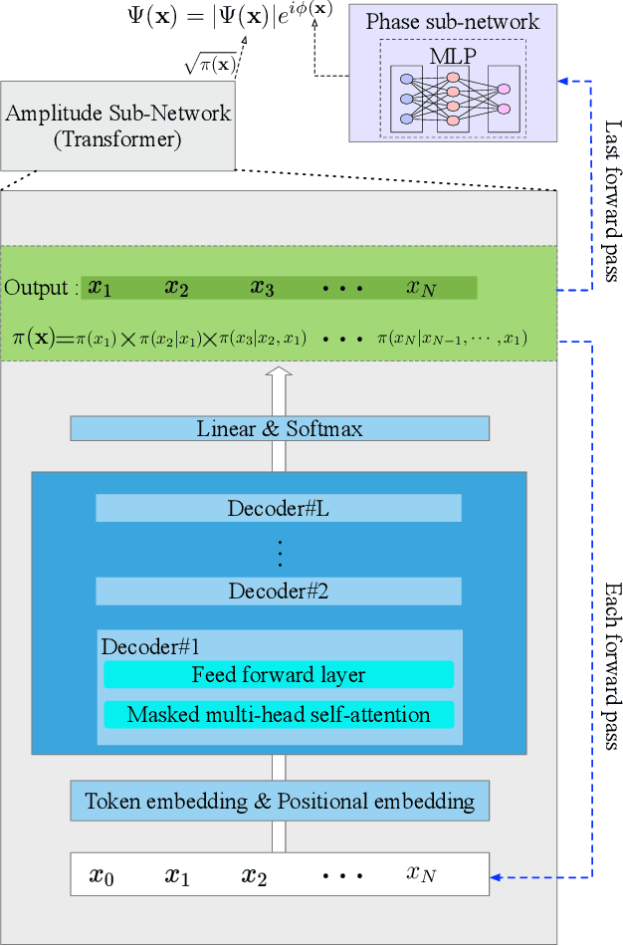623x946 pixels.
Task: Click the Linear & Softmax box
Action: tap(280, 429)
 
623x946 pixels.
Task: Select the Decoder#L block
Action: tap(279, 508)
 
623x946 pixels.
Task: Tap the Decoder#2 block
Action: tap(279, 591)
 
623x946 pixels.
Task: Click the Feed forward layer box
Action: tap(279, 675)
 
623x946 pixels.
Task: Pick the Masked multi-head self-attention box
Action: tap(279, 714)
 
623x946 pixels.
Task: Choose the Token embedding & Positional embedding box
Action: tap(280, 801)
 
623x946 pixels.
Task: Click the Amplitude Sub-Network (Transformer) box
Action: tap(117, 125)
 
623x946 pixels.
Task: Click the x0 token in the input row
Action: tap(102, 875)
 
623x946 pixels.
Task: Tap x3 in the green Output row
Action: tap(262, 288)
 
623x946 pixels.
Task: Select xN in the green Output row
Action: tap(421, 288)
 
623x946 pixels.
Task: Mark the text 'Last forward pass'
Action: tap(611, 200)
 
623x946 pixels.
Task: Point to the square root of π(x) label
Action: tap(210, 65)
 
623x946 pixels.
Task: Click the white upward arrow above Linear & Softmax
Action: tap(280, 388)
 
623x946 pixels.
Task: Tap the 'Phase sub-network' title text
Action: tap(453, 21)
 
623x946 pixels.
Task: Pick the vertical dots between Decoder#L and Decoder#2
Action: tap(280, 551)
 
